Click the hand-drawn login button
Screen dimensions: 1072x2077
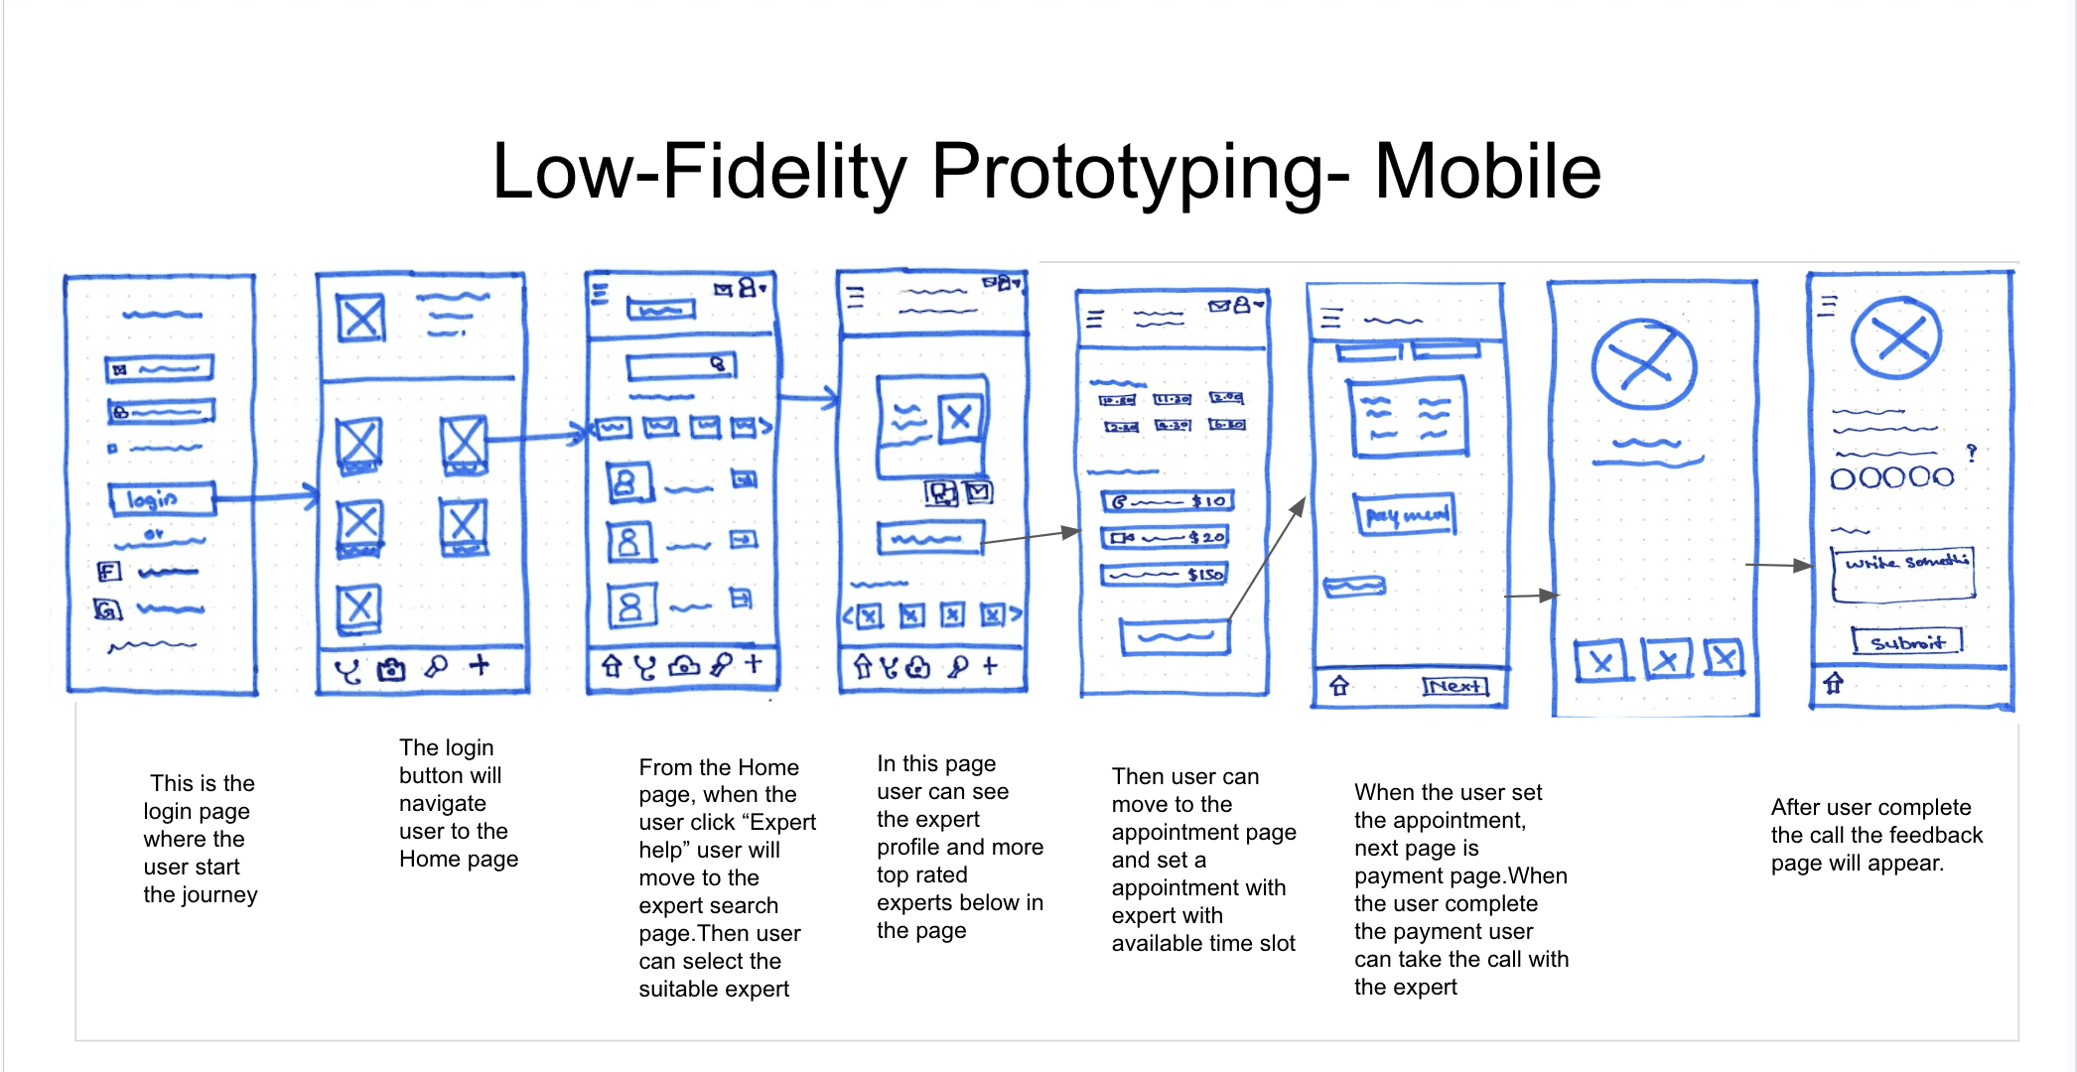pyautogui.click(x=161, y=499)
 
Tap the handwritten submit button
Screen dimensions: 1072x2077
pyautogui.click(x=1907, y=641)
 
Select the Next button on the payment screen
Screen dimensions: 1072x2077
pyautogui.click(x=1455, y=686)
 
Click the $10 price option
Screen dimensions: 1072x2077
pyautogui.click(x=1168, y=501)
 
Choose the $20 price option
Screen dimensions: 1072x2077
pyautogui.click(x=1166, y=537)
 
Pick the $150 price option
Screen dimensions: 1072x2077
pyautogui.click(x=1166, y=575)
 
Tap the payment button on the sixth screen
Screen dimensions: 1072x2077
pyautogui.click(x=1406, y=514)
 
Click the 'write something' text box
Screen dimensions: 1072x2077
pyautogui.click(x=1903, y=575)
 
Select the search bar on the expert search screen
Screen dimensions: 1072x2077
pyautogui.click(x=681, y=366)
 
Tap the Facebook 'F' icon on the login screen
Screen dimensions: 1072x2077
pyautogui.click(x=108, y=571)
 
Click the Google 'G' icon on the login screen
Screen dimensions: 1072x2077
pyautogui.click(x=107, y=608)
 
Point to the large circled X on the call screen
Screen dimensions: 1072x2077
pyautogui.click(x=1644, y=363)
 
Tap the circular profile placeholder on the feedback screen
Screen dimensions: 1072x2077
pyautogui.click(x=1897, y=337)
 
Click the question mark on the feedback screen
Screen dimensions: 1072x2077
pyautogui.click(x=1972, y=453)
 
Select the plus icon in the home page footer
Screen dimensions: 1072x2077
pyautogui.click(x=480, y=665)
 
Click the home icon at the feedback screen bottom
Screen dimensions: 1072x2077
pyautogui.click(x=1833, y=683)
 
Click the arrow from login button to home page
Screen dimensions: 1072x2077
pyautogui.click(x=266, y=496)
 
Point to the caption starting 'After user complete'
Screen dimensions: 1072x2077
pyautogui.click(x=1876, y=835)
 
